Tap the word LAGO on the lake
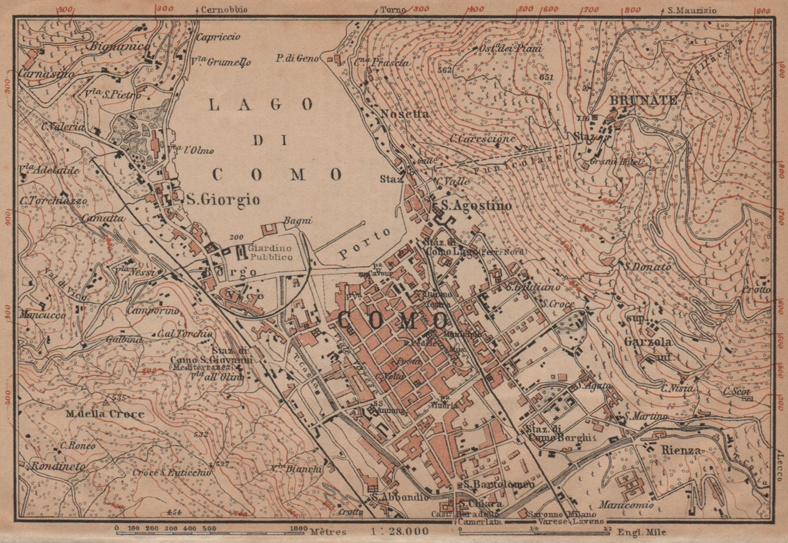261,104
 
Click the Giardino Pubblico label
270,253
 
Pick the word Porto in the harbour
363,245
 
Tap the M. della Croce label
105,414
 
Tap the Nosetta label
405,114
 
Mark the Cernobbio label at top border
224,9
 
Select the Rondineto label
58,466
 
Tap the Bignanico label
119,47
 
